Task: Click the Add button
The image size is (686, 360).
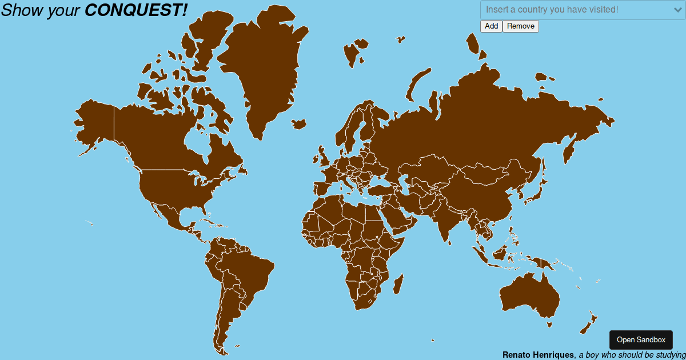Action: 491,26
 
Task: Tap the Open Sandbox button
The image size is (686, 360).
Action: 641,340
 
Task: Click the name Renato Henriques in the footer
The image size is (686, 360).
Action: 538,355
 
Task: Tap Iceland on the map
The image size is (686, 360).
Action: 298,123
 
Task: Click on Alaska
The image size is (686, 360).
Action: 94,123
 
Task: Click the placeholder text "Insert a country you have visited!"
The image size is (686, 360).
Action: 552,10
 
